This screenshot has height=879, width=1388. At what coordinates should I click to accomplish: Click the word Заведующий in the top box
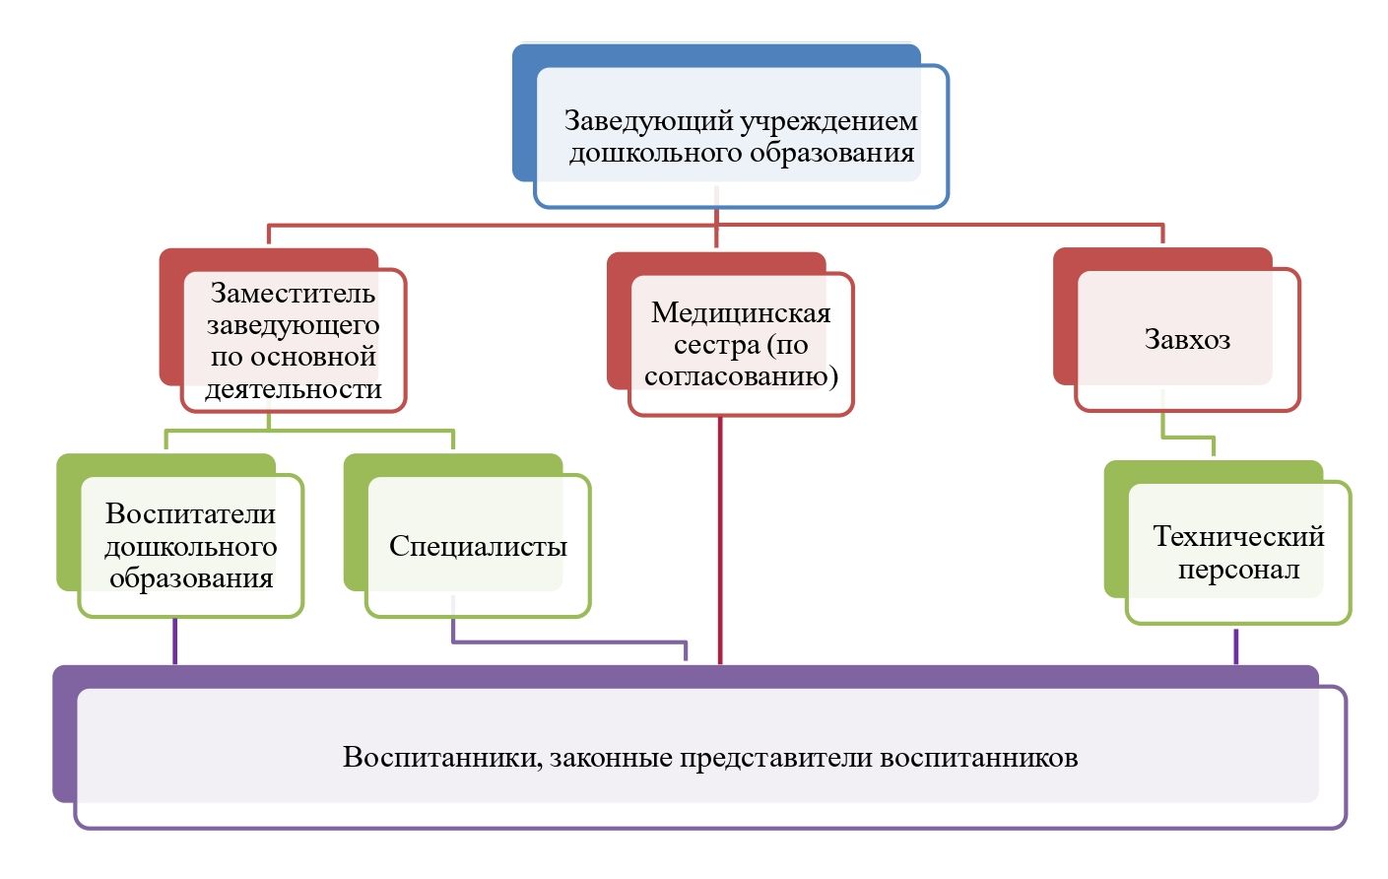649,121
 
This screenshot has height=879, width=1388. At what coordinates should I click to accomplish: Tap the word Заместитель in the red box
293,294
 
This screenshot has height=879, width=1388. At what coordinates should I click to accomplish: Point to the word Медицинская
741,313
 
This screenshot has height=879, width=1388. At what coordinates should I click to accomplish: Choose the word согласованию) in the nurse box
741,376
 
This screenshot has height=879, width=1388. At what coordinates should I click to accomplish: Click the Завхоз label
1187,340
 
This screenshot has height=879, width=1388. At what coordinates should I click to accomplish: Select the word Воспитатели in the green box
191,513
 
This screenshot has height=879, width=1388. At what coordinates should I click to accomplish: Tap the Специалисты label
478,547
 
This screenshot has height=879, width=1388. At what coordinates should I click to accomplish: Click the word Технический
1238,537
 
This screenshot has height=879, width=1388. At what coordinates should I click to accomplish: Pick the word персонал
1238,569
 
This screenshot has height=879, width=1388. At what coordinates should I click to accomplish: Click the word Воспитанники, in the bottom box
442,758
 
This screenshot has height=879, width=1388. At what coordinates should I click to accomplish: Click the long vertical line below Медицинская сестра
720,540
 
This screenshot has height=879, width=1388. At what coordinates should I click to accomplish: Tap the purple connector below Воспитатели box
174,641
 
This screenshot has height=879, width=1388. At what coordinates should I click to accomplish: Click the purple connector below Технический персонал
1236,646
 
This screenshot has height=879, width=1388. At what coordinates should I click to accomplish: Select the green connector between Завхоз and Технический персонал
1187,438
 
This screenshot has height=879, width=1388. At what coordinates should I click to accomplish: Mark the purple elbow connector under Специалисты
569,642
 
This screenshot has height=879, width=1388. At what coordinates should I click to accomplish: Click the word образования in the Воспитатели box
191,579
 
